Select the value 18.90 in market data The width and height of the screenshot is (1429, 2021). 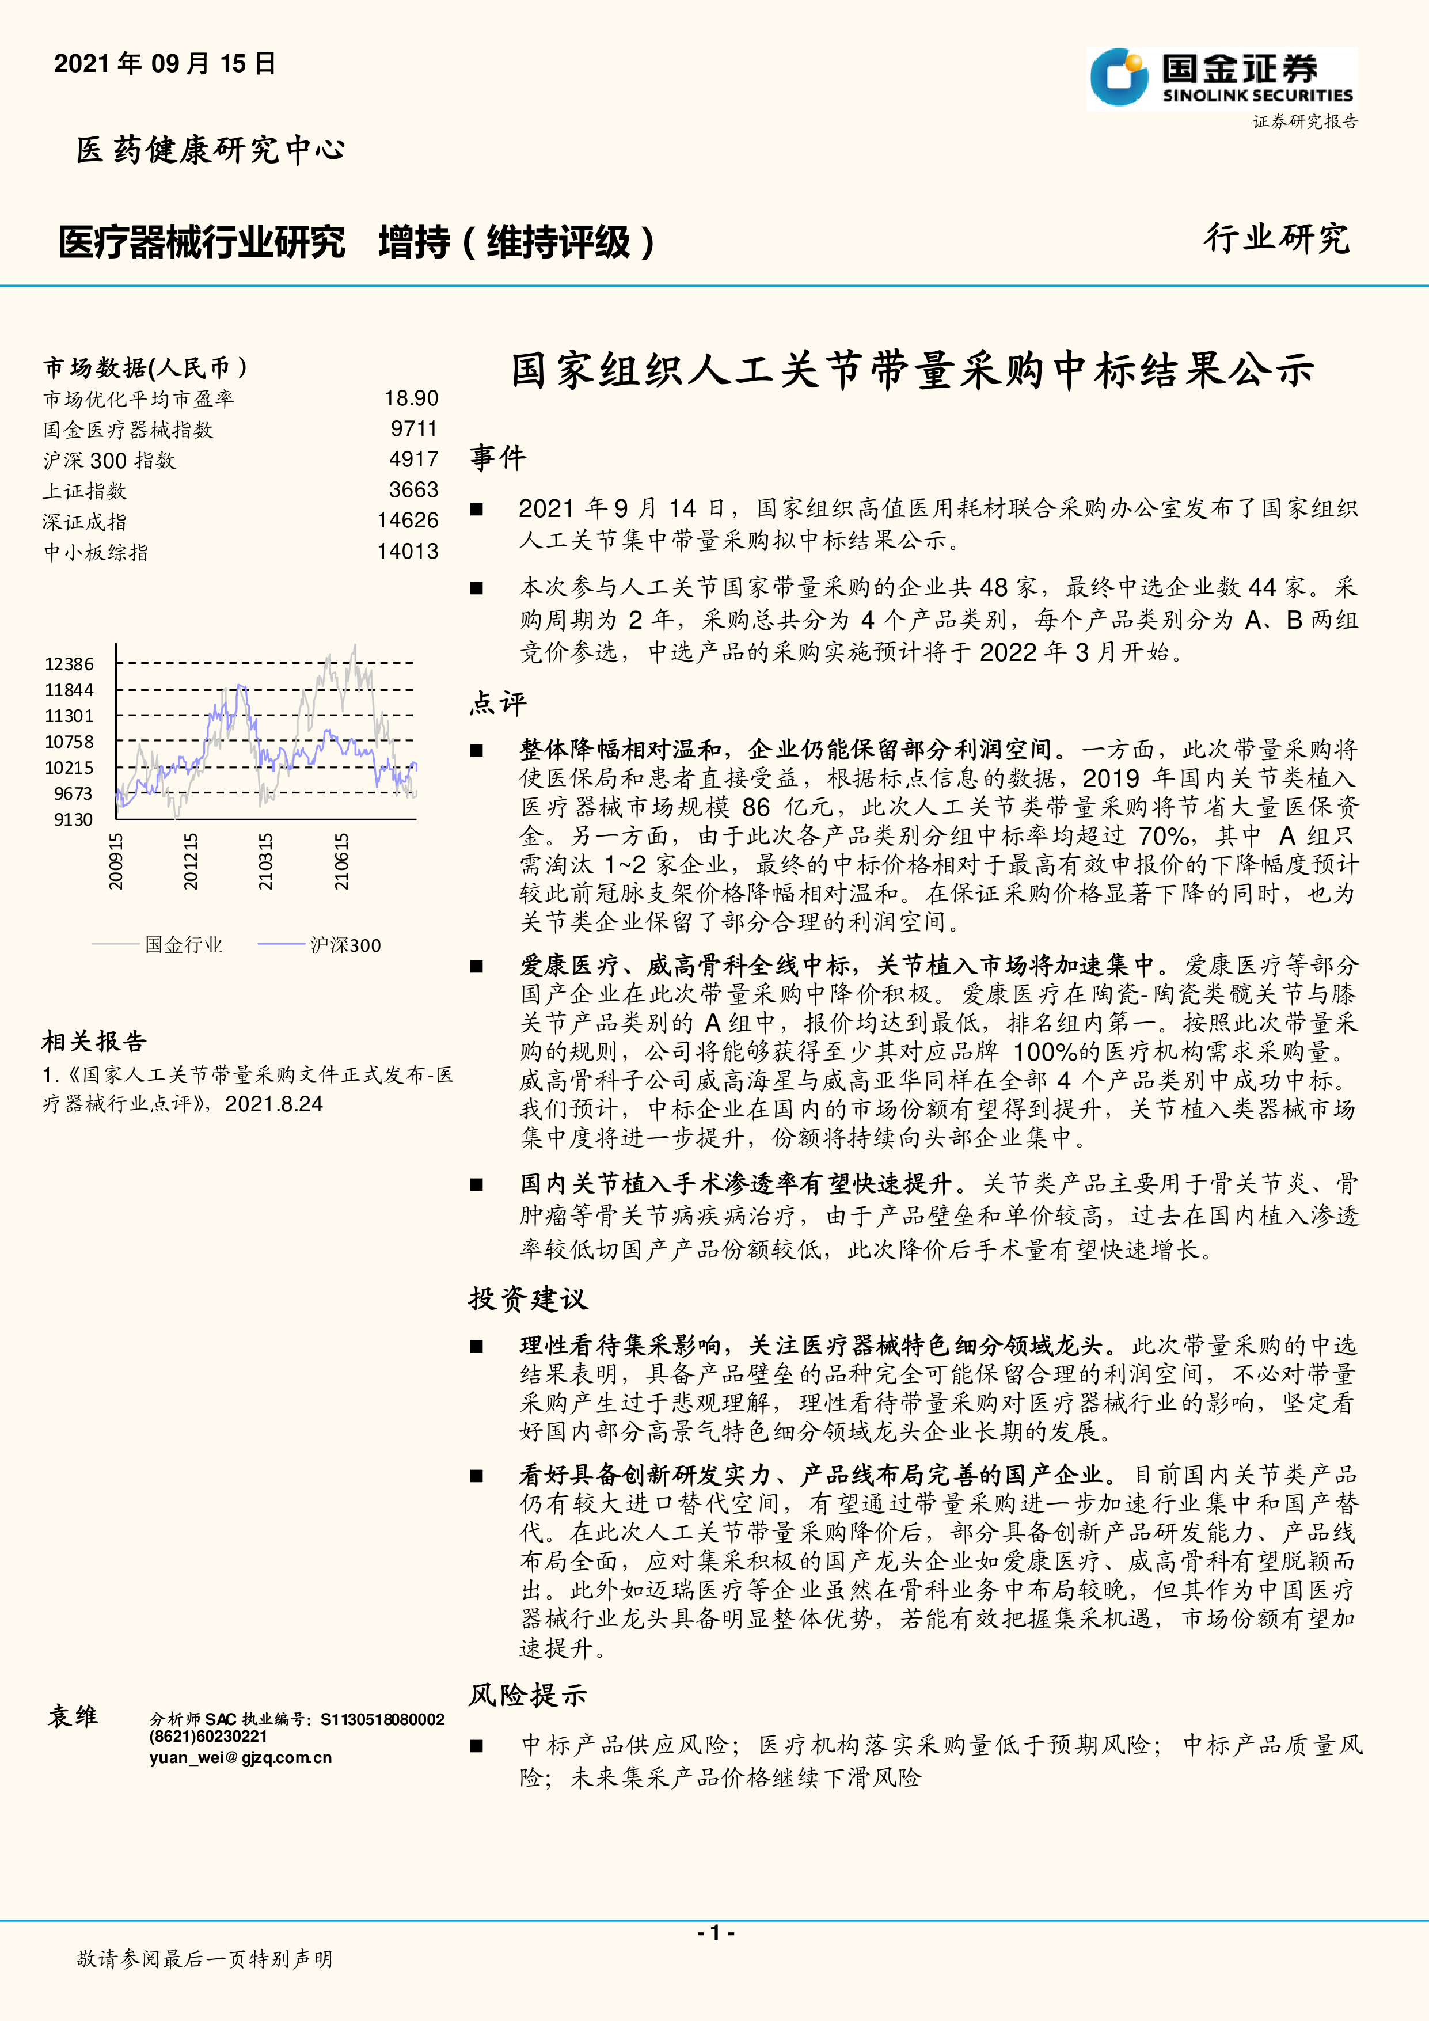coord(411,399)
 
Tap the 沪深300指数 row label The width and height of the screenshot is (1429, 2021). coord(109,461)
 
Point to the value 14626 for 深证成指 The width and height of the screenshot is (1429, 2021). coord(408,521)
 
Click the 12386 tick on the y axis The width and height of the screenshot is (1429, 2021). coord(70,664)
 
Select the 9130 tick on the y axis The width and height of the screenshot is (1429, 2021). coord(73,819)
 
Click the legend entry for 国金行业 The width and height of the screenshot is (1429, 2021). coord(183,945)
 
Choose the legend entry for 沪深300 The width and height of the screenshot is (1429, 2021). coord(345,945)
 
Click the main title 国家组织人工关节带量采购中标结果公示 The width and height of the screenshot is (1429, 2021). coord(913,371)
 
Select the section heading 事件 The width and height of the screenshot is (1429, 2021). coord(498,458)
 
